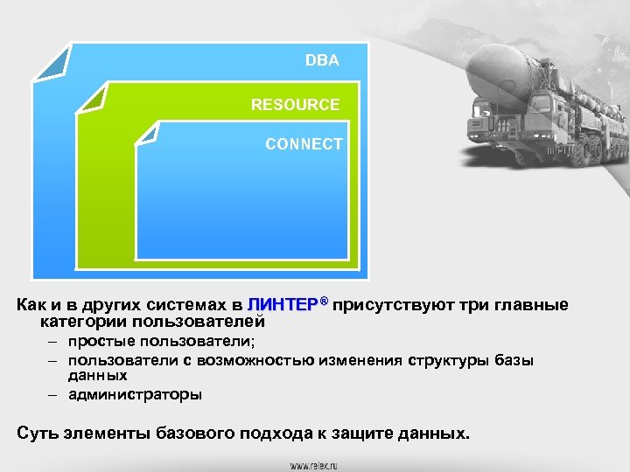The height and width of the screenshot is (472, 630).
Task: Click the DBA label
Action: (x=322, y=61)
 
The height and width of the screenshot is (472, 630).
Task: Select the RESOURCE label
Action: (x=295, y=105)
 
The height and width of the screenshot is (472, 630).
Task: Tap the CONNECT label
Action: (x=304, y=144)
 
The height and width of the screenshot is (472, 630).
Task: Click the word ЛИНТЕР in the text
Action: (x=283, y=305)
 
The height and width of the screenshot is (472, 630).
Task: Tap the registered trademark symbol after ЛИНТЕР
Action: (x=323, y=302)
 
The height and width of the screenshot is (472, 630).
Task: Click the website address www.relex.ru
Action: (x=315, y=464)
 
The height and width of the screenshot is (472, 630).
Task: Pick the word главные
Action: (x=533, y=305)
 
